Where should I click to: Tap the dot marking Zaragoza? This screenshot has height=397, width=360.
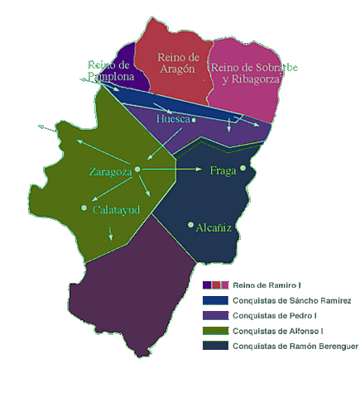[137, 169]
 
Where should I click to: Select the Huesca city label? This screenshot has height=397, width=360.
[173, 120]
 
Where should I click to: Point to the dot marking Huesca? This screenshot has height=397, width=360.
[194, 120]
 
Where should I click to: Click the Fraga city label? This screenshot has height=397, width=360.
[223, 171]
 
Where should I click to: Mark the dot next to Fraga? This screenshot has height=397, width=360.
[243, 168]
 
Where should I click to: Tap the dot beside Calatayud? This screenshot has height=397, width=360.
[84, 208]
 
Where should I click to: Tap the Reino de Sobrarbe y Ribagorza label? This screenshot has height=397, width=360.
[254, 73]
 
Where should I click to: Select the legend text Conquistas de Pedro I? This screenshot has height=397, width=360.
[276, 315]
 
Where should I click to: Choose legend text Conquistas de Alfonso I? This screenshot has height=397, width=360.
[277, 331]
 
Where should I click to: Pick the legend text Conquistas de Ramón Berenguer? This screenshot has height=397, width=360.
[295, 346]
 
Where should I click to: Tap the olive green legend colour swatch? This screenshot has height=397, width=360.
[216, 331]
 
